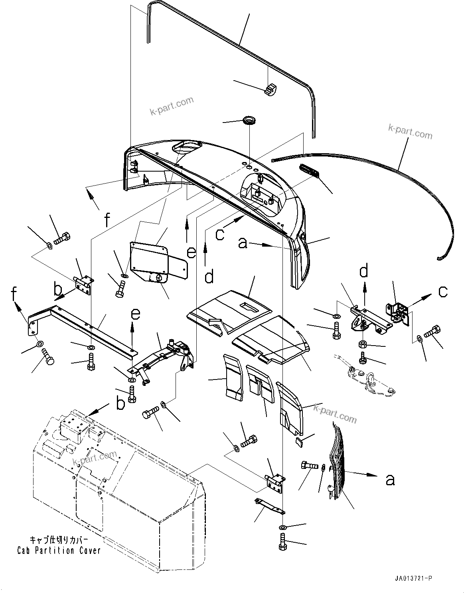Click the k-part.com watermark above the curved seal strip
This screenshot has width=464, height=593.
[x=410, y=131]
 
